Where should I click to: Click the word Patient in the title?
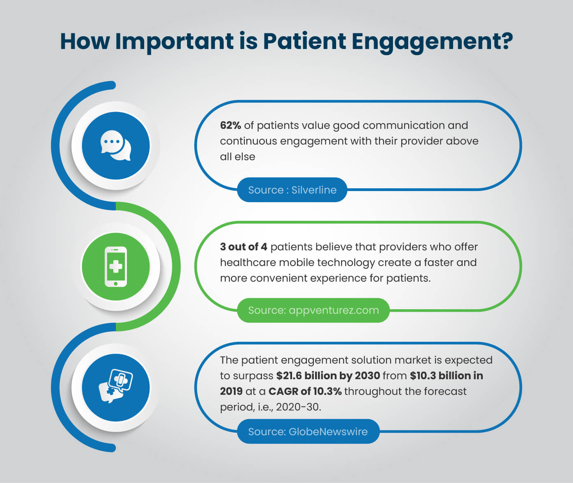(x=304, y=41)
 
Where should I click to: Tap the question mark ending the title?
(x=505, y=41)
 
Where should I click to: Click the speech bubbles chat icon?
(x=116, y=145)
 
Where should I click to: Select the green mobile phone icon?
(x=116, y=266)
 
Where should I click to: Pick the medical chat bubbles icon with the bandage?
(x=116, y=386)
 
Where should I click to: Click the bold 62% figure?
(x=230, y=125)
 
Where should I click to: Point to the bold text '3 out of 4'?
(x=243, y=247)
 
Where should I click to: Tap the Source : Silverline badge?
(x=292, y=190)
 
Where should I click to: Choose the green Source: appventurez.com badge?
(x=313, y=310)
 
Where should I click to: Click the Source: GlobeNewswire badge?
(x=308, y=432)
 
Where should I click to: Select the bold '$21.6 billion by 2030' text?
(x=328, y=376)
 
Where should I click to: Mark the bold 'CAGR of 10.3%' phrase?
(x=305, y=391)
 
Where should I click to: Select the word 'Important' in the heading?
(x=175, y=42)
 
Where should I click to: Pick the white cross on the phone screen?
(x=116, y=266)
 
